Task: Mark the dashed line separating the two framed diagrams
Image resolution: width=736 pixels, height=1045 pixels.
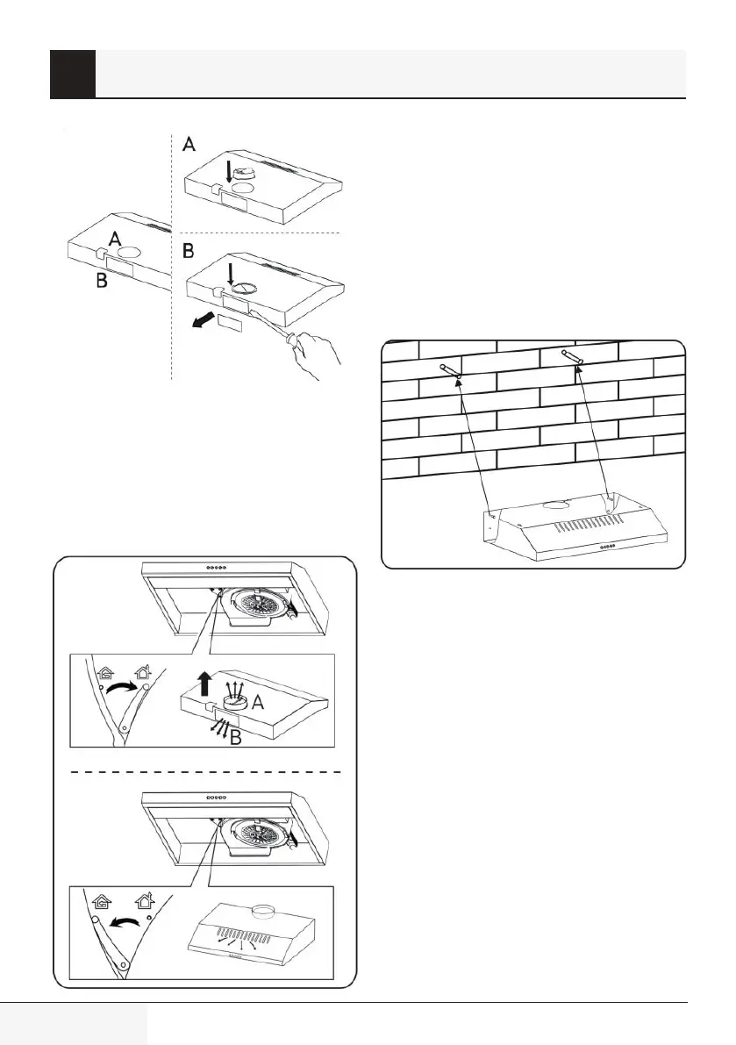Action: point(204,771)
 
